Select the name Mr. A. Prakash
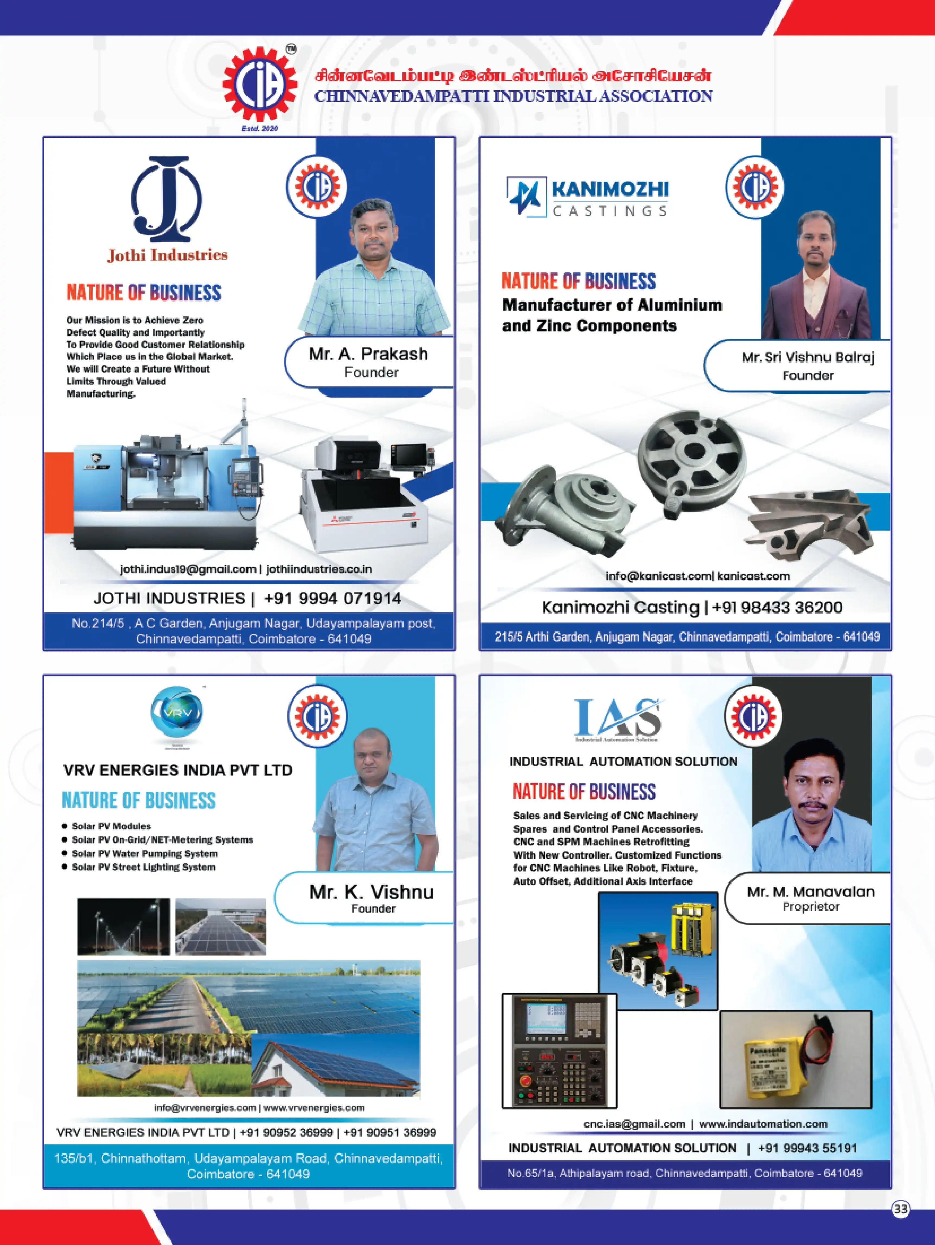pos(368,354)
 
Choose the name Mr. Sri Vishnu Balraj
pos(808,357)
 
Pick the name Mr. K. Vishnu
pos(371,892)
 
